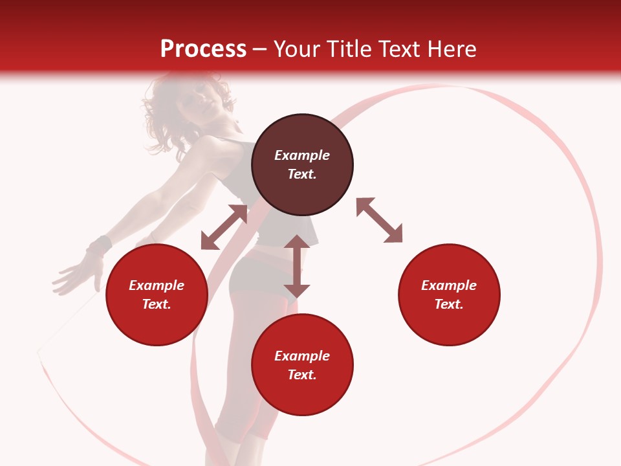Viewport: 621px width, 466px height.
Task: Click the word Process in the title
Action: (203, 49)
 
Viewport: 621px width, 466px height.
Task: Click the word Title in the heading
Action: (347, 49)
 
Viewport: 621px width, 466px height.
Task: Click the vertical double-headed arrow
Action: (297, 266)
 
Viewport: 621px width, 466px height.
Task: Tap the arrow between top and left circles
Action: (224, 227)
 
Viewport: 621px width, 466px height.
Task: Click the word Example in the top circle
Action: (302, 155)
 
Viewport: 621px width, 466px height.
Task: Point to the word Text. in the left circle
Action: (157, 304)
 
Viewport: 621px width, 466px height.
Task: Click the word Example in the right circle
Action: (449, 285)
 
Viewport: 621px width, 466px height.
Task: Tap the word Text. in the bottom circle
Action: (302, 375)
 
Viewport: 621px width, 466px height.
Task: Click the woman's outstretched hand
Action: (74, 275)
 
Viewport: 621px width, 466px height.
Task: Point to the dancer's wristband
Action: (99, 246)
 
